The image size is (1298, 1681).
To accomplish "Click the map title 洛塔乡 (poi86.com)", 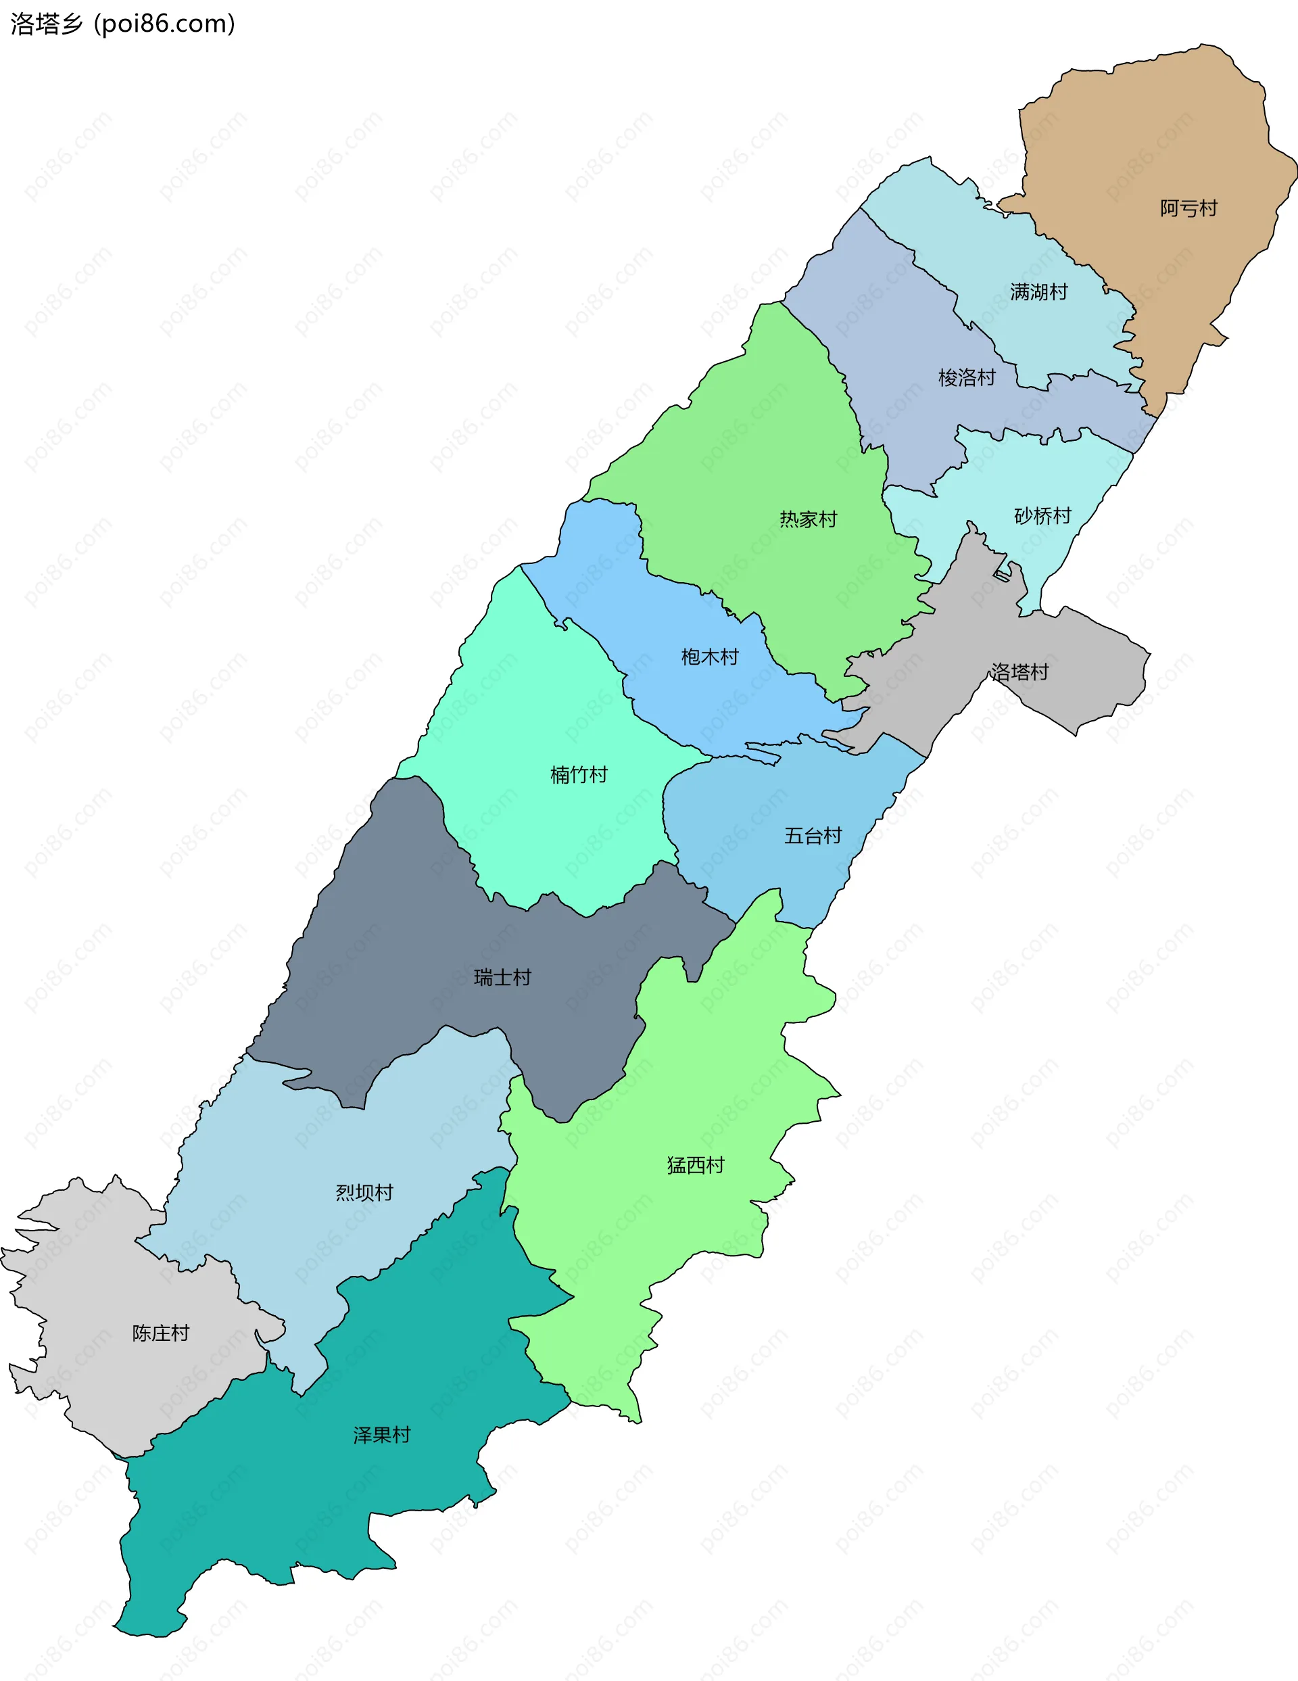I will (x=122, y=24).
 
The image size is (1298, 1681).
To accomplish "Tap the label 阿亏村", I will (x=1188, y=208).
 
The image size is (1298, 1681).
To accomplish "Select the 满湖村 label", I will (x=1038, y=291).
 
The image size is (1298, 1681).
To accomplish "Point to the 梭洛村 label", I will (x=966, y=377).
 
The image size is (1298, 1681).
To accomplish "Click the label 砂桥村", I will (x=1042, y=516).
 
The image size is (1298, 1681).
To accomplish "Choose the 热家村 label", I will (x=807, y=519).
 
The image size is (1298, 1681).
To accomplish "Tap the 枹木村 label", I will (x=708, y=657).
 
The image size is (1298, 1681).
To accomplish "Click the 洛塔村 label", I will (x=1019, y=672).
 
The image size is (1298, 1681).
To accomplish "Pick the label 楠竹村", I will (x=579, y=774).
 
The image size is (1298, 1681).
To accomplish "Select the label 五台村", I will (x=813, y=835).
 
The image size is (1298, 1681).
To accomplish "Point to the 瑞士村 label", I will (x=502, y=978).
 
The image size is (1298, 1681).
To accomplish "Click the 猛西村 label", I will (x=695, y=1165).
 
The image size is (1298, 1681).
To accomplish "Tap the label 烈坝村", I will (x=364, y=1192).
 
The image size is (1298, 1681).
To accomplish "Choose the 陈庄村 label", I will (x=160, y=1333).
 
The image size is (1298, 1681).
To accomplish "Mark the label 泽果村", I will (x=382, y=1435).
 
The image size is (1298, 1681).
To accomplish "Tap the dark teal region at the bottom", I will (x=308, y=1501).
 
